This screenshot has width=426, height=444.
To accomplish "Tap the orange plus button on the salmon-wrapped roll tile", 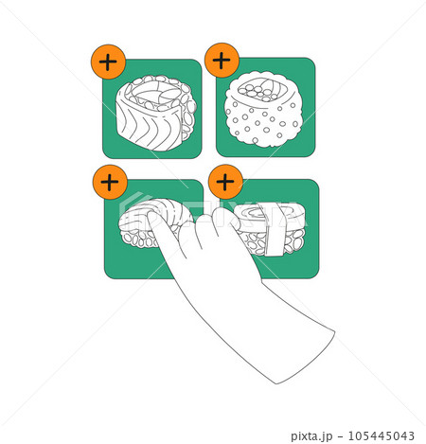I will click(x=109, y=62).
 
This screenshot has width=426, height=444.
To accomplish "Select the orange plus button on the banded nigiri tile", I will click(x=225, y=181).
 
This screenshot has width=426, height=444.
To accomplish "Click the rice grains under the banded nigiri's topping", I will click(x=293, y=242).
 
